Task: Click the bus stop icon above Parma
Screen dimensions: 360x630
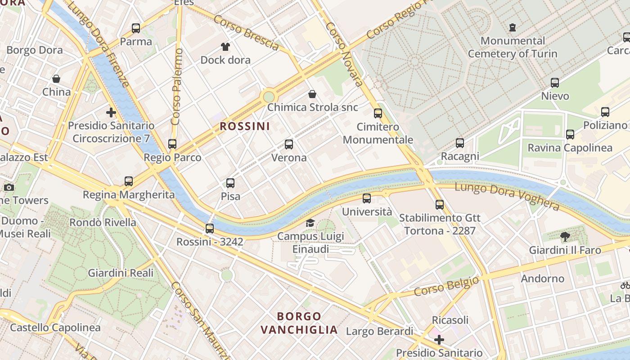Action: [x=136, y=28]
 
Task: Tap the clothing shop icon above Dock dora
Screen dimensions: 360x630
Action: [x=225, y=47]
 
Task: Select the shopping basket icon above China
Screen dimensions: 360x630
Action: [x=56, y=79]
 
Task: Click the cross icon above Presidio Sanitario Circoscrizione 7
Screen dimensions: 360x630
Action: [x=111, y=112]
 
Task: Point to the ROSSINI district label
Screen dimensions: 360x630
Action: [x=245, y=126]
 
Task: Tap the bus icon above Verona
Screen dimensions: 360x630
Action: [x=289, y=144]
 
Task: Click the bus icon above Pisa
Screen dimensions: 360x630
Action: [x=230, y=183]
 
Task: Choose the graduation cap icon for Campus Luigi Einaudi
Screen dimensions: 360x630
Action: [x=310, y=223]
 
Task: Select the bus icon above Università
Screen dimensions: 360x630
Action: [x=367, y=198]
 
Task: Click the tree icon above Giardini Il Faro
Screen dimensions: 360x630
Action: [x=565, y=237]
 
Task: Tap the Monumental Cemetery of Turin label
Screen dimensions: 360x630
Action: [x=513, y=47]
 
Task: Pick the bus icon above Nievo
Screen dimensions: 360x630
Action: [x=555, y=83]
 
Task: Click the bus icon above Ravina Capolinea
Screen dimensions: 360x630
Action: [x=570, y=135]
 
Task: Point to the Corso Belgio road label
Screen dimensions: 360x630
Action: [x=446, y=286]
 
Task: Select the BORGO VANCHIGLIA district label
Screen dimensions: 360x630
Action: [x=299, y=323]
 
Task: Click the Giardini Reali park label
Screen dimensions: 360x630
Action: [x=120, y=273]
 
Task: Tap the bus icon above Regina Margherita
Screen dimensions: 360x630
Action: [x=129, y=181]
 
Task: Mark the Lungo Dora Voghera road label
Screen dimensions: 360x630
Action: [x=507, y=196]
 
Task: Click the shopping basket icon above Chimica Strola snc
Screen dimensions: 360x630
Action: [x=312, y=94]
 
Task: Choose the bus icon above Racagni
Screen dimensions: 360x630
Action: [x=459, y=143]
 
